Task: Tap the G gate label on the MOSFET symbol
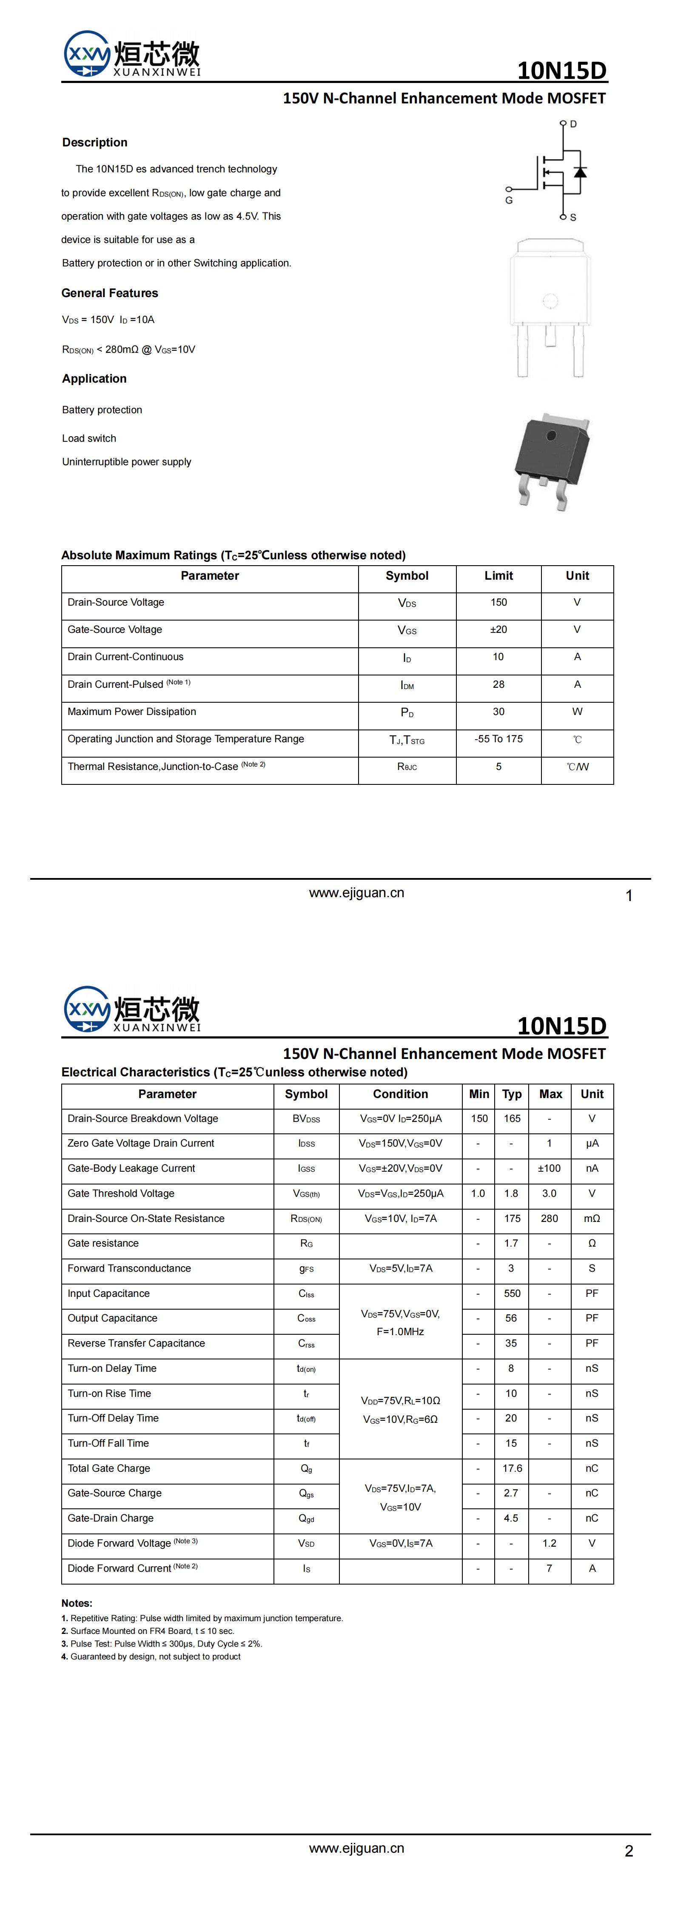[509, 200]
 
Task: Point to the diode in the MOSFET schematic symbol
[580, 173]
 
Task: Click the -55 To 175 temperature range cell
[498, 739]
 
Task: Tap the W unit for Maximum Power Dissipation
[577, 712]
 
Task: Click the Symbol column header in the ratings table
[407, 576]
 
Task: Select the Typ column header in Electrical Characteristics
[512, 1094]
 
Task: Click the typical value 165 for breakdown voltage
[512, 1119]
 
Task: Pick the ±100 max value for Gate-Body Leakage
[549, 1168]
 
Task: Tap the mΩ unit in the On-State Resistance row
[592, 1219]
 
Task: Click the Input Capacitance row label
[108, 1294]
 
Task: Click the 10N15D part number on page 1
[561, 71]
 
